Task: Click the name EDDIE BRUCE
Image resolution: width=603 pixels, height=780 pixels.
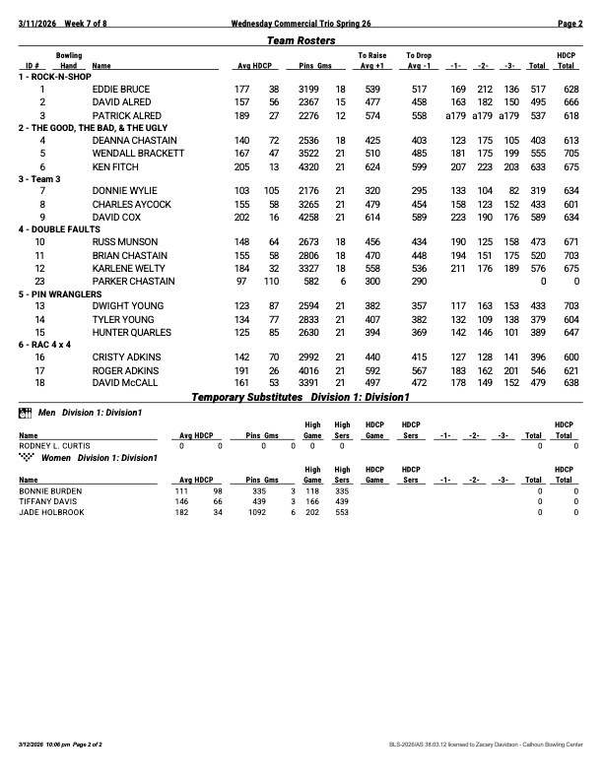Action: click(x=120, y=89)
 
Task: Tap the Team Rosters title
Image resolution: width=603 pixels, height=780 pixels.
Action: click(x=301, y=40)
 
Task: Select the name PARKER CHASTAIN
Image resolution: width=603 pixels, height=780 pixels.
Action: click(x=133, y=281)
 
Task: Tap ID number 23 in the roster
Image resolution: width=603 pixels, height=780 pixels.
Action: click(x=40, y=281)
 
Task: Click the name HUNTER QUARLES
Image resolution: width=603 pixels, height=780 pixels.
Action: click(x=131, y=332)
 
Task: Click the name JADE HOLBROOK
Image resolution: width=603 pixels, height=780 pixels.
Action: click(x=50, y=512)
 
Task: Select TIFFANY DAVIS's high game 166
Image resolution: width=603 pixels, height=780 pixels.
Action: click(x=312, y=500)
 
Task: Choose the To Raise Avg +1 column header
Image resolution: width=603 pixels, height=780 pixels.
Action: click(x=371, y=61)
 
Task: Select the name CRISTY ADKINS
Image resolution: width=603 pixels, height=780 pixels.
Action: click(x=124, y=357)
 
